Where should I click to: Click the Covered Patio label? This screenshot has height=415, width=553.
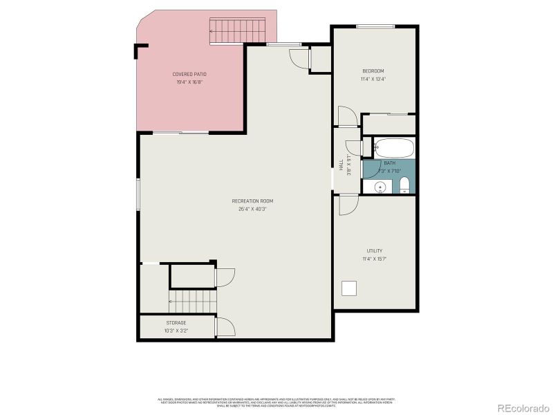coord(189,74)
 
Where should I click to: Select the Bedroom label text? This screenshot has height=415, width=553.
coord(373,71)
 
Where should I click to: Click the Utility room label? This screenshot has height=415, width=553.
coord(375,251)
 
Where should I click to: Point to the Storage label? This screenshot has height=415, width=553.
coord(176,323)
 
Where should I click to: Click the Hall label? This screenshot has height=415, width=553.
coord(341,165)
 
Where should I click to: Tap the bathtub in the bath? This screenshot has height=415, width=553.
coord(394,148)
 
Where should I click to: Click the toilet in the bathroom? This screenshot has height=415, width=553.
coord(405,185)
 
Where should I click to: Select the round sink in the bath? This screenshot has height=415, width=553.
coord(380,187)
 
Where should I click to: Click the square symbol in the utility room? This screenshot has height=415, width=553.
coord(350,288)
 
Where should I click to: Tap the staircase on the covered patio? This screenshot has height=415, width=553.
coord(237,31)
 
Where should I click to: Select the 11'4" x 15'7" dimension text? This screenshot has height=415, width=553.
coord(375,259)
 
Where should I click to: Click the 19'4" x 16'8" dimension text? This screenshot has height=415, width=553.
coord(189,82)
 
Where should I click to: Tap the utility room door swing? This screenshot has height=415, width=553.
coord(348,205)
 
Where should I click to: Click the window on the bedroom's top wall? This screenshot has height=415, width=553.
coord(375,26)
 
